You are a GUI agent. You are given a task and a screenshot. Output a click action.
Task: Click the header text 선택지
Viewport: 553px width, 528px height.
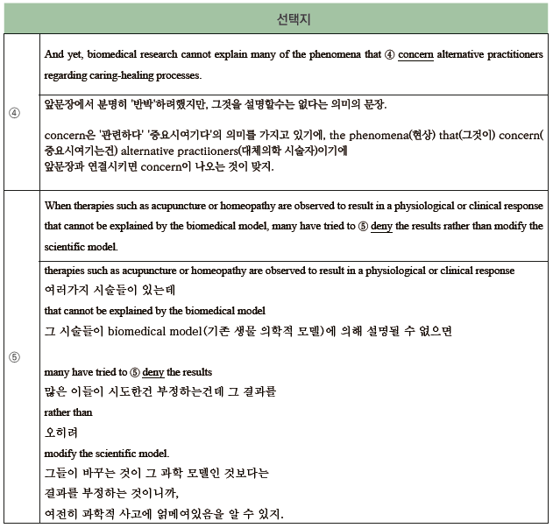[294, 17]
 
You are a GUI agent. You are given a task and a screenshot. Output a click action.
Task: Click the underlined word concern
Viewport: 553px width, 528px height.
[415, 54]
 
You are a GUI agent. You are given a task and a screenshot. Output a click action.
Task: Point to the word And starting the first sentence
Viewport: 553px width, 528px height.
[54, 54]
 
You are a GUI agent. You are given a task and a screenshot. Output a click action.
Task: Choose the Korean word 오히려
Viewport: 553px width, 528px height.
[60, 432]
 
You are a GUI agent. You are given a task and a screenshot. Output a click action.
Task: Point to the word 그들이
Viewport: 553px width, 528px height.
[60, 473]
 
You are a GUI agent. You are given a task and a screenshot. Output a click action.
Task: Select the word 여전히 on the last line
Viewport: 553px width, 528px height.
[60, 513]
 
